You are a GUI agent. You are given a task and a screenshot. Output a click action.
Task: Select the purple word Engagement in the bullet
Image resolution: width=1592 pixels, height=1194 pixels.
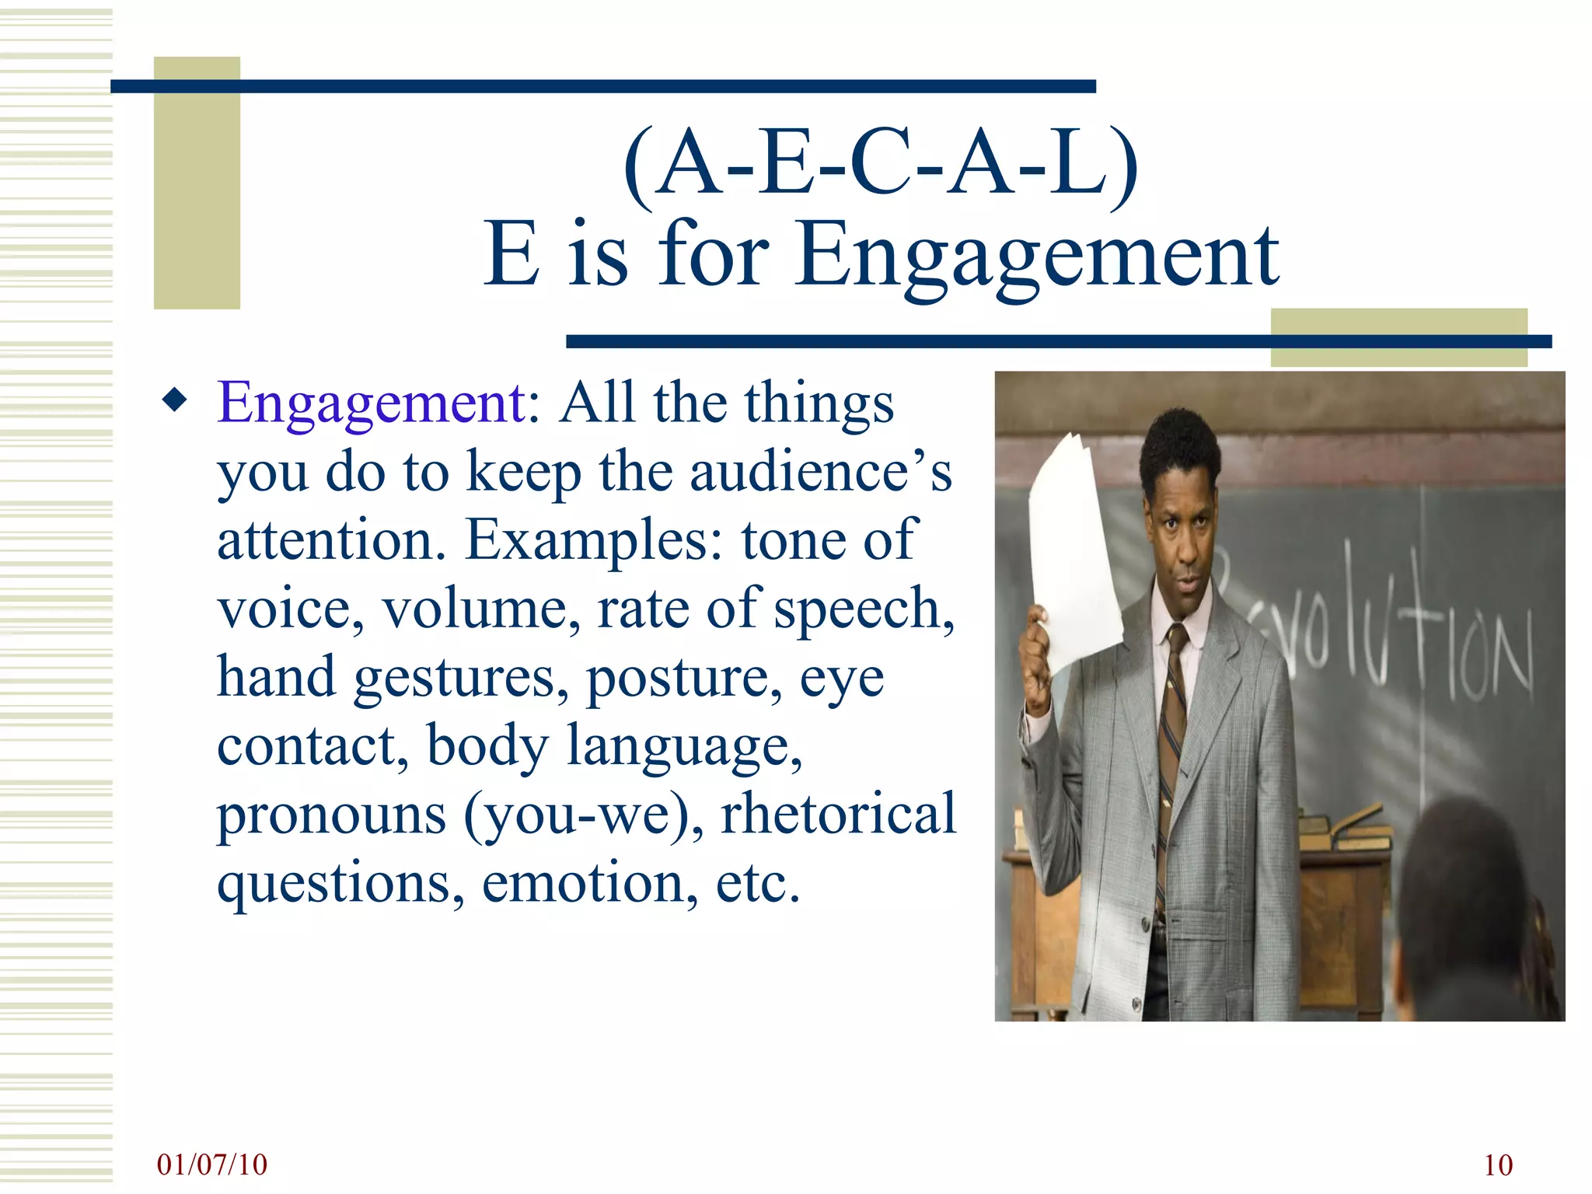pyautogui.click(x=372, y=403)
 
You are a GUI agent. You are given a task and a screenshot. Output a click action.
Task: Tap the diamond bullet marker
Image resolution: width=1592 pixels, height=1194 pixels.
pyautogui.click(x=175, y=400)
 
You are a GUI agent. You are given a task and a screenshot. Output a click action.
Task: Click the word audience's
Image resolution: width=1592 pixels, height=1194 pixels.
pyautogui.click(x=820, y=472)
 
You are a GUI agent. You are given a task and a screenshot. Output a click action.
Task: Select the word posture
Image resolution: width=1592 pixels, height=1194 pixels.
pyautogui.click(x=684, y=678)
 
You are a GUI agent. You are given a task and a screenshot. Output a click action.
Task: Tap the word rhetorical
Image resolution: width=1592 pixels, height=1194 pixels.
pyautogui.click(x=838, y=814)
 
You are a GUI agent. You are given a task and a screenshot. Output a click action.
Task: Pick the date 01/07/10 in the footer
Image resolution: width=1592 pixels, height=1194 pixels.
pyautogui.click(x=211, y=1164)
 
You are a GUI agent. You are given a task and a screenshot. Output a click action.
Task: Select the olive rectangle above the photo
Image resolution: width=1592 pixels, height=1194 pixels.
pyautogui.click(x=1398, y=336)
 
